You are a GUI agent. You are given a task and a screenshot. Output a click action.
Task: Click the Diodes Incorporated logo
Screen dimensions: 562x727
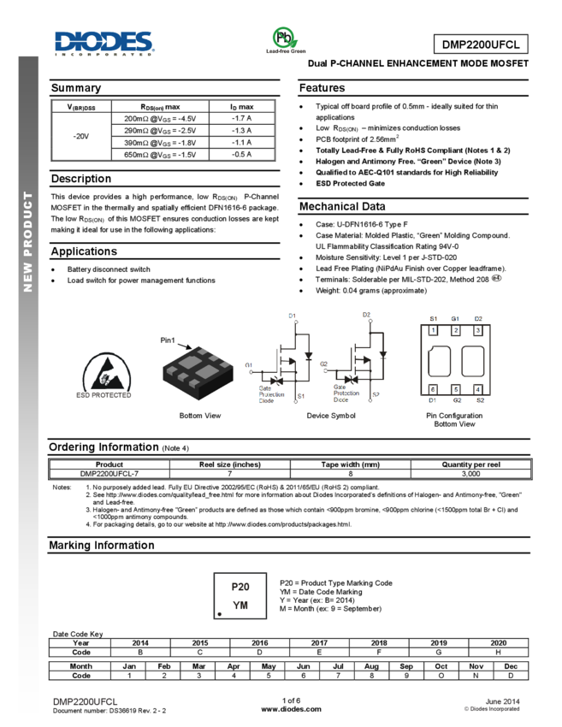104,44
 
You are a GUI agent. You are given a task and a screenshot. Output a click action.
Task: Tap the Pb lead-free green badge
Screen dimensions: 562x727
286,40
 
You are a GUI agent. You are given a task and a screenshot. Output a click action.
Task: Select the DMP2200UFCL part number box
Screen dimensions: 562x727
481,44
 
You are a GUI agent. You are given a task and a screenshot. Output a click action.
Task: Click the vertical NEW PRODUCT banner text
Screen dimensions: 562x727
28,241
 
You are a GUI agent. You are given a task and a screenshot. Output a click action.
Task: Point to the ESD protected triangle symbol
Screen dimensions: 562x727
108,373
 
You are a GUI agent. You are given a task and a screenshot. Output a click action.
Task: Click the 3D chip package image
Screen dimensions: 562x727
194,371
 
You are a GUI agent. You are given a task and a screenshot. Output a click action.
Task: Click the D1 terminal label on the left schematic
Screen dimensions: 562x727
292,316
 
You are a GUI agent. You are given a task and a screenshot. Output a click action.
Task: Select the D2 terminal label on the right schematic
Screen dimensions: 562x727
366,315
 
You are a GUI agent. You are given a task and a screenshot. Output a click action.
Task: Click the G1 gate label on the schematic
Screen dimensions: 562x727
249,365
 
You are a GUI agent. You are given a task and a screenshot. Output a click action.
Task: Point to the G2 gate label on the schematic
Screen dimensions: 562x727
323,364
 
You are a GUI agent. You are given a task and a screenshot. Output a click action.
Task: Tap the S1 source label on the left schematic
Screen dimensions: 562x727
301,396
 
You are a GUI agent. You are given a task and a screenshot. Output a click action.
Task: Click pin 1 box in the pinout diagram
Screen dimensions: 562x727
433,330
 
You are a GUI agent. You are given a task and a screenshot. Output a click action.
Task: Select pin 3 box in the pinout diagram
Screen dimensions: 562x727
478,330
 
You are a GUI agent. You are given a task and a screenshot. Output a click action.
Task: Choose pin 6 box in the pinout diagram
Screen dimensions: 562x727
433,389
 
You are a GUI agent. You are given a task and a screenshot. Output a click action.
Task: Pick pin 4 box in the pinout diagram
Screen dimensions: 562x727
478,389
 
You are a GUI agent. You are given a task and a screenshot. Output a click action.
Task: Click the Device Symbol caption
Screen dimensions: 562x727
331,415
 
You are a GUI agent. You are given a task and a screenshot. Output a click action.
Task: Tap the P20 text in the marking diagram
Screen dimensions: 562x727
240,588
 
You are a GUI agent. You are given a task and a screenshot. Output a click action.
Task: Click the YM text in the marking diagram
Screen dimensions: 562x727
240,605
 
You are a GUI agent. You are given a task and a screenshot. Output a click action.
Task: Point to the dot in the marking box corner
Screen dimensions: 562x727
220,614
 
